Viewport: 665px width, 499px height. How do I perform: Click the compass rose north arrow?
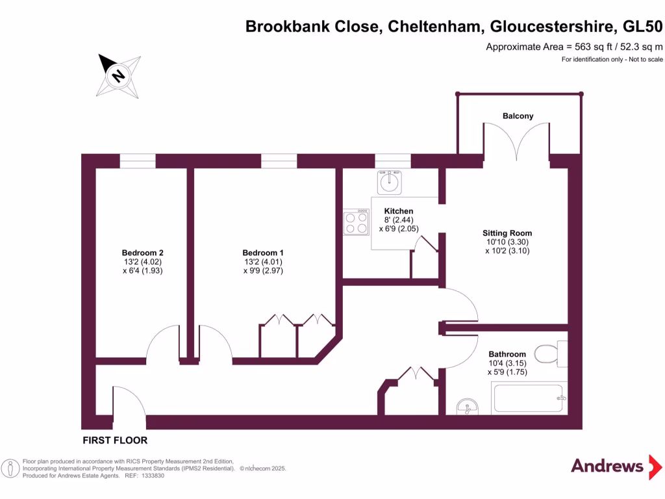click(x=118, y=75)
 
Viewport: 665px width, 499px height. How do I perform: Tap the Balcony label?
click(x=518, y=116)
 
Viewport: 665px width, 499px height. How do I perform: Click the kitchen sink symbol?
click(x=390, y=182)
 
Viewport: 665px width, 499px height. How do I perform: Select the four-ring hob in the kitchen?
click(x=356, y=222)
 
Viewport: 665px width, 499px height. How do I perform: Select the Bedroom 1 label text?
click(x=262, y=253)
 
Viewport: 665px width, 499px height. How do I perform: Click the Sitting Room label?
click(x=507, y=233)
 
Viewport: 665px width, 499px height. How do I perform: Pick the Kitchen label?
click(x=398, y=211)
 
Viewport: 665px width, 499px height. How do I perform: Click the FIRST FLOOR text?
click(x=115, y=441)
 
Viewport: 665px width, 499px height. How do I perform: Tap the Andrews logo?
click(x=607, y=466)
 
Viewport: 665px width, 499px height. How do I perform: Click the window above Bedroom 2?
click(x=138, y=161)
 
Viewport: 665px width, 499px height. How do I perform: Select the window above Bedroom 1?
click(x=279, y=161)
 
